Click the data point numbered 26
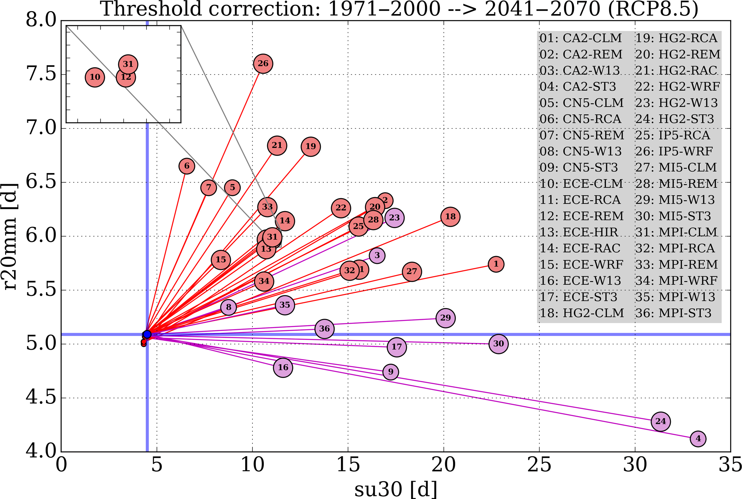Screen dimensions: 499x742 tap(263, 64)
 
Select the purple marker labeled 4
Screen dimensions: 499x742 tap(698, 439)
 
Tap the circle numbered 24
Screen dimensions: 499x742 tap(661, 421)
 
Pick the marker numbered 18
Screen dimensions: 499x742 tap(450, 217)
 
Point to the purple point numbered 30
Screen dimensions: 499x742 tap(498, 344)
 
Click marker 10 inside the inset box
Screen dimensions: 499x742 tap(95, 77)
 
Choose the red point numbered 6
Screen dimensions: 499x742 tap(187, 166)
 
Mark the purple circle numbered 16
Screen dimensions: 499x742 tap(283, 368)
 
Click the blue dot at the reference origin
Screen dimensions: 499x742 tap(147, 335)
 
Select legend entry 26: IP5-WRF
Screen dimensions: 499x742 tap(674, 151)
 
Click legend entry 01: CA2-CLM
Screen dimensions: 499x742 tap(580, 38)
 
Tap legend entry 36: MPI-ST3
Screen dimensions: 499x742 tap(673, 313)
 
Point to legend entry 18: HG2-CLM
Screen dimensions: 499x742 tap(582, 313)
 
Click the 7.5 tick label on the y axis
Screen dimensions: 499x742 tap(41, 75)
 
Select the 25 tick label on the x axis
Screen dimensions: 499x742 tap(539, 465)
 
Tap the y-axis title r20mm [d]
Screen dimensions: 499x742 tap(10, 236)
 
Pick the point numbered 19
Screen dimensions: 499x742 tap(311, 146)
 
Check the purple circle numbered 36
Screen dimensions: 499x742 tap(325, 329)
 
